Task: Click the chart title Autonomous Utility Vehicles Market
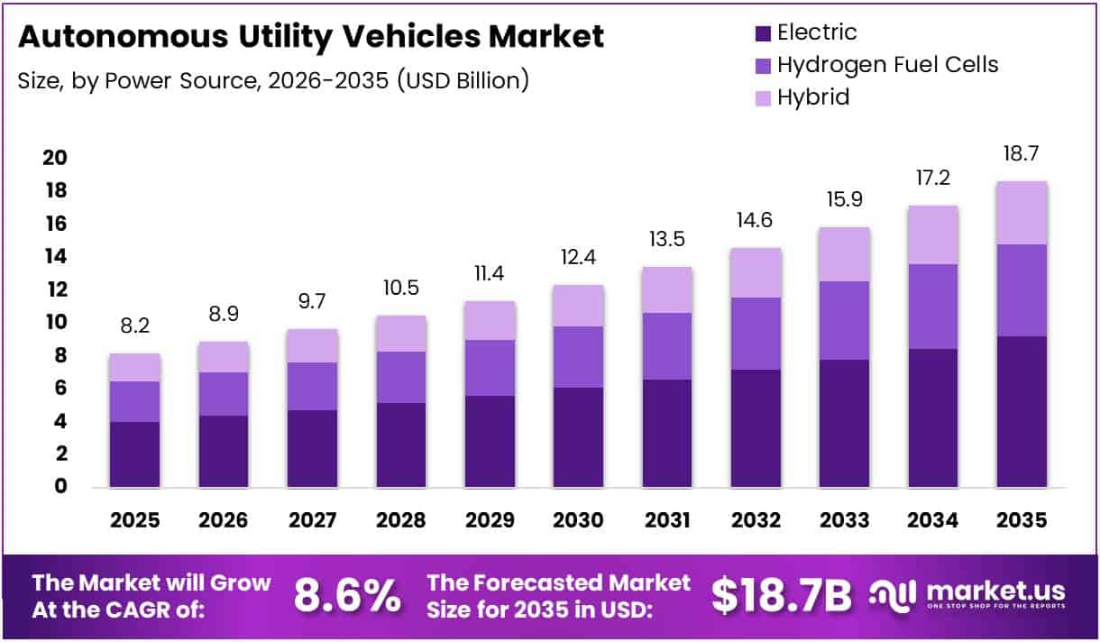pos(310,37)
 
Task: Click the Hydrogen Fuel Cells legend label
pos(887,65)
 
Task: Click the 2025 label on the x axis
pos(134,520)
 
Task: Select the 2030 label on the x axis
pos(578,520)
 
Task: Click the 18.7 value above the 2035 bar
pos(1022,153)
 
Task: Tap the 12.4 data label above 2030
pos(578,258)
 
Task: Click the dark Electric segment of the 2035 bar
pos(1022,411)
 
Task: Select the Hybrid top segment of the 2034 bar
pos(933,234)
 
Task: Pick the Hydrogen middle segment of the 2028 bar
pos(401,377)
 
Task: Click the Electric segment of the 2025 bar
pos(134,454)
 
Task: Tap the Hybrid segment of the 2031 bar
pos(666,289)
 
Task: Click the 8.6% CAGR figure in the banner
pos(348,596)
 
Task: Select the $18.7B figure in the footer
pos(781,596)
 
